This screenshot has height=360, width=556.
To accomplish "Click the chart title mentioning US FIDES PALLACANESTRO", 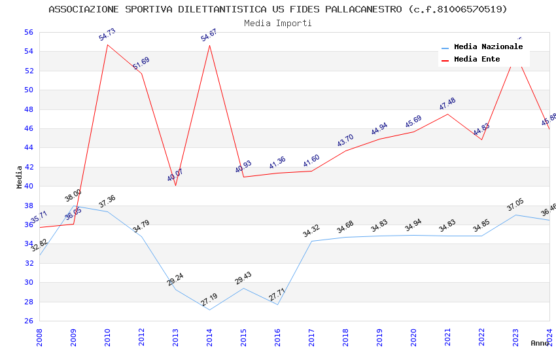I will (x=278, y=9).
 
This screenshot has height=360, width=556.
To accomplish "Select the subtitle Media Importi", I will (x=278, y=23).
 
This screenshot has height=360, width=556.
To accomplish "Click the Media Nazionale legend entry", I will (x=488, y=47).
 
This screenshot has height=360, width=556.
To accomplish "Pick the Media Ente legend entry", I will (x=477, y=60).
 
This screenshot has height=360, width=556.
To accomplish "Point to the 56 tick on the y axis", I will (x=28, y=32).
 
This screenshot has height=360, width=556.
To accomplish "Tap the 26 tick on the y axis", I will (x=28, y=321).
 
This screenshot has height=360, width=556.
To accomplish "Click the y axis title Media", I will (x=20, y=176).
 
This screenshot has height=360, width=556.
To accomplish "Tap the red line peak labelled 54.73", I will (x=107, y=45).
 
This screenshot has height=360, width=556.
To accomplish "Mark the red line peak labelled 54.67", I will (x=209, y=45).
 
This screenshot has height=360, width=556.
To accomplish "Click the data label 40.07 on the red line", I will (x=175, y=175).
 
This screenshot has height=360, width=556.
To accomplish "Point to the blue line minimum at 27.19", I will (x=209, y=310).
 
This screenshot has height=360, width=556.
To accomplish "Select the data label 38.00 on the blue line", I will (x=73, y=195).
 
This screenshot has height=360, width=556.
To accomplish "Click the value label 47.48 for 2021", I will (x=447, y=104).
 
